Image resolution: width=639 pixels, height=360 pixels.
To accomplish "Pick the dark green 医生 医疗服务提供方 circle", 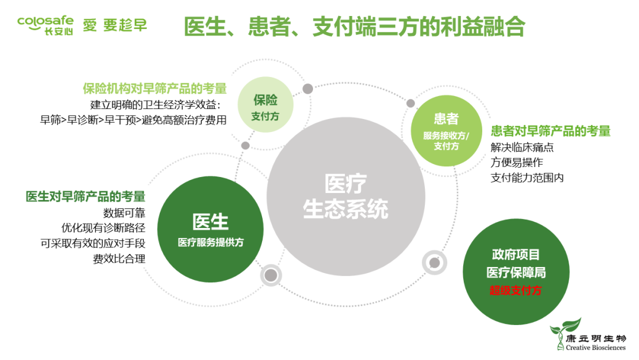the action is (x=211, y=231).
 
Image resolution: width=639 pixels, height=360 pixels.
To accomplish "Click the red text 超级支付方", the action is (x=515, y=290).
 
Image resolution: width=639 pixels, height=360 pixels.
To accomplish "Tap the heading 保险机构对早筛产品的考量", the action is (x=154, y=89).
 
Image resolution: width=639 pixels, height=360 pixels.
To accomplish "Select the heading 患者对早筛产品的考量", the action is (x=550, y=131).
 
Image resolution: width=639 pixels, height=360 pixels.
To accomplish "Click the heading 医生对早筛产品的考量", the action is (x=85, y=197).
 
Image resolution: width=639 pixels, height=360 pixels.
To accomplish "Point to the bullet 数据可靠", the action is (x=124, y=213).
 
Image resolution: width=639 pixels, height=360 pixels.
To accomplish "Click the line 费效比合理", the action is (x=119, y=259).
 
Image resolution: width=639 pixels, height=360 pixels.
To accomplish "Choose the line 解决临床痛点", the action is (x=522, y=147).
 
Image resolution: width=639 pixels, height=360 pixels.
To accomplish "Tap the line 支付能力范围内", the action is (x=527, y=177).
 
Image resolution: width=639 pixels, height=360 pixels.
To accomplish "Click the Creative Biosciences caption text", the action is (x=595, y=348).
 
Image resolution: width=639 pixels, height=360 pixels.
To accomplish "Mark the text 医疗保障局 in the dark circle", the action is (x=516, y=272).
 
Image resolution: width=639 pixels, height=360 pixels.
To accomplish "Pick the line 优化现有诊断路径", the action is (x=103, y=228).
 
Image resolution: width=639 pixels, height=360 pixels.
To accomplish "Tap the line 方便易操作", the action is (x=517, y=162).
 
